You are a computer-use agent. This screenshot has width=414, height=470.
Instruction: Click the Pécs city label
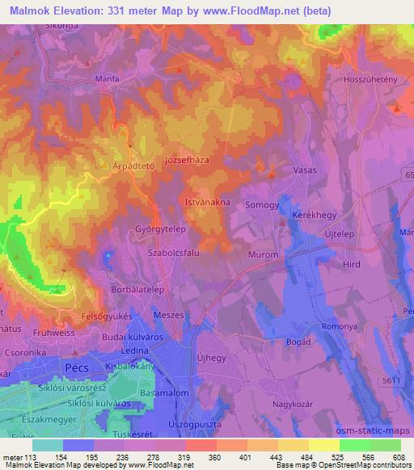coord(80,367)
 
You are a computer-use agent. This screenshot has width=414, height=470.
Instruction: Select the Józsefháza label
coord(187,161)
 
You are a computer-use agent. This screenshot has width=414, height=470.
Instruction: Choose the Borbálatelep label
coord(137,288)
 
